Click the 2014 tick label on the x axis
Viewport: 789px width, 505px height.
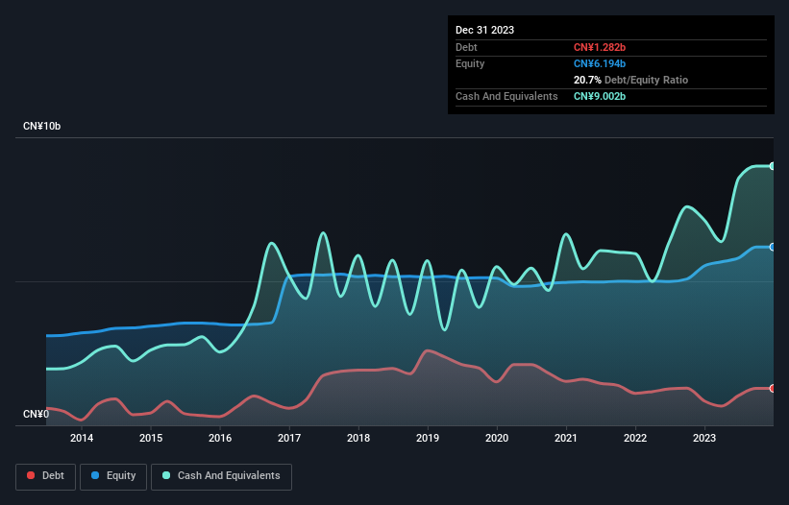pyautogui.click(x=81, y=439)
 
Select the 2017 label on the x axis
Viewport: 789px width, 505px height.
pyautogui.click(x=289, y=439)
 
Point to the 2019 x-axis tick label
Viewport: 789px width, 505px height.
pyautogui.click(x=428, y=439)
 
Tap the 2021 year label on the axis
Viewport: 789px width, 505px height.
pyautogui.click(x=566, y=439)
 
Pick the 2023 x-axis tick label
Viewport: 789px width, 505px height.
pyautogui.click(x=704, y=439)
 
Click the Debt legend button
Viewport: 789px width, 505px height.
pyautogui.click(x=45, y=476)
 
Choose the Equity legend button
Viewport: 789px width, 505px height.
pyautogui.click(x=113, y=476)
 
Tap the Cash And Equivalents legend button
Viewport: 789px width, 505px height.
pyautogui.click(x=221, y=476)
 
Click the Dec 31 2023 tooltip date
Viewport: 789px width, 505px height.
pyautogui.click(x=484, y=30)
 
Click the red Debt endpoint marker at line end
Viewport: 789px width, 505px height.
pyautogui.click(x=773, y=388)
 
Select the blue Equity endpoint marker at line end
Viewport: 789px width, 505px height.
pyautogui.click(x=773, y=247)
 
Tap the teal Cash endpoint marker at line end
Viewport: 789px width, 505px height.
pyautogui.click(x=773, y=166)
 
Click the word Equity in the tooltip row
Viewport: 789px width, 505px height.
pyautogui.click(x=470, y=63)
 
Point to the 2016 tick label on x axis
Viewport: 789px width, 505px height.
pyautogui.click(x=220, y=439)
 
